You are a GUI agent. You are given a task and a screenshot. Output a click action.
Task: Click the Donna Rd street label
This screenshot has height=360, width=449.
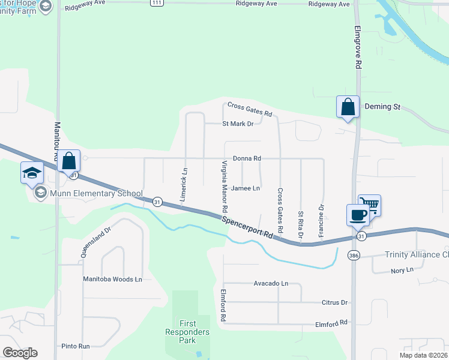[247, 158]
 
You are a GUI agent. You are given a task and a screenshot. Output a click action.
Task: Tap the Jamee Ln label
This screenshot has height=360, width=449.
[246, 188]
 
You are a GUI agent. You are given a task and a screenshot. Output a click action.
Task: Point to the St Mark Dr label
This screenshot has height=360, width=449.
[238, 124]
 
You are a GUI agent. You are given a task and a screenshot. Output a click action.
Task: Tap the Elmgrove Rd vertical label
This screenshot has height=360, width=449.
[358, 46]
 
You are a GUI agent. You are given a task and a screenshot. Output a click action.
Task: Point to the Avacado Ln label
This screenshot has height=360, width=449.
[271, 283]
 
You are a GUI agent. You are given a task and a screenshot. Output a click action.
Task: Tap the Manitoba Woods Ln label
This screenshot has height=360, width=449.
[113, 280]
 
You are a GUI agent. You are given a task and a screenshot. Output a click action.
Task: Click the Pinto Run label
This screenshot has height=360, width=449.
[76, 346]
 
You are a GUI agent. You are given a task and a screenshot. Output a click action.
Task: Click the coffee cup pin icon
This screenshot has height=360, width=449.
[358, 215]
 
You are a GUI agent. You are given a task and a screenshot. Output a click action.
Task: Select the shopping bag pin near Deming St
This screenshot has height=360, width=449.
[348, 107]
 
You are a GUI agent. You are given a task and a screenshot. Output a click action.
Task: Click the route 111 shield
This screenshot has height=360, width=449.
[157, 4]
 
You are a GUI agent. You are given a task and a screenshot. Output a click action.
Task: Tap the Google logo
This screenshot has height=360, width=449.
[20, 353]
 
